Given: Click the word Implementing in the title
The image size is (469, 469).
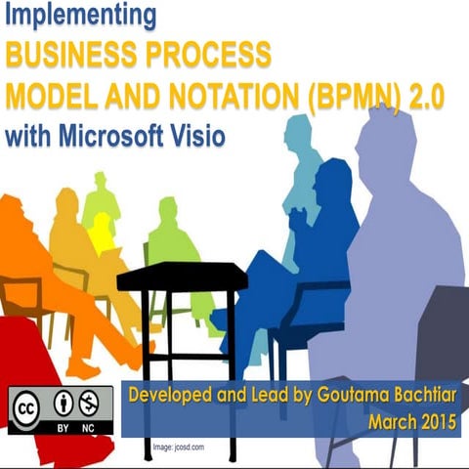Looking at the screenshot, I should coord(80,17).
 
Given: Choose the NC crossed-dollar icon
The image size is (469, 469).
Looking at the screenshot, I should coord(91,402).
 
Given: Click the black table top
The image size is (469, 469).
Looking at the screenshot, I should coord(182,276).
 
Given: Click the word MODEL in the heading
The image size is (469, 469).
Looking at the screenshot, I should coord(49,95).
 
